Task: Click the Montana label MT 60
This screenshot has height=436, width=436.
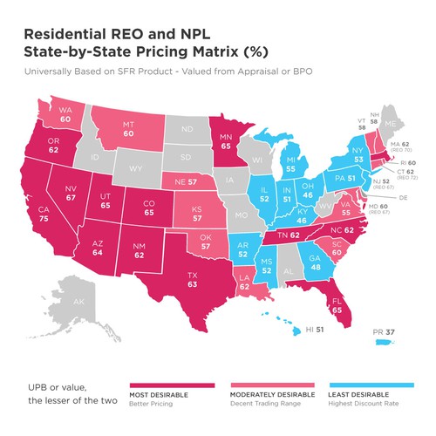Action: pyautogui.click(x=152, y=129)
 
